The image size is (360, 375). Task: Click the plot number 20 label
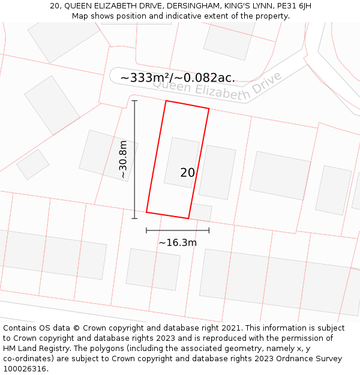(x=187, y=173)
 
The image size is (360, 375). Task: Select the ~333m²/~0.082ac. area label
(x=178, y=78)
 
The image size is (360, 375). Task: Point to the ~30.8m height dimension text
(x=123, y=160)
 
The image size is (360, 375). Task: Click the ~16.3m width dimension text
(x=178, y=243)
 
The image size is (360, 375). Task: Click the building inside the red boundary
(x=181, y=162)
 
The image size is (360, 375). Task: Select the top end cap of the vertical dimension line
(x=134, y=101)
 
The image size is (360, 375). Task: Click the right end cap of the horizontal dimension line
(x=209, y=230)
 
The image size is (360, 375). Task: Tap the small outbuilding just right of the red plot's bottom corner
(x=201, y=212)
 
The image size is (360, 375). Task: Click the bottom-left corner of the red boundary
(x=146, y=212)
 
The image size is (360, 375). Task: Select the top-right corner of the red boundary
(x=209, y=109)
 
